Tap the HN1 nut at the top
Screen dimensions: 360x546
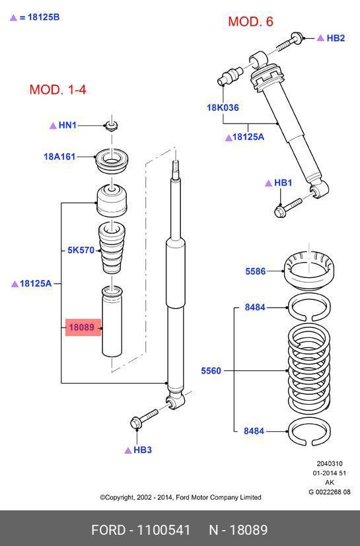(x=111, y=125)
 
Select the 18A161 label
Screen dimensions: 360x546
(x=59, y=156)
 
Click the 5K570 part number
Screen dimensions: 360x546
(x=81, y=250)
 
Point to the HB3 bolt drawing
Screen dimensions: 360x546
(x=143, y=418)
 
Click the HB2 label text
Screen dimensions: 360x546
(x=336, y=38)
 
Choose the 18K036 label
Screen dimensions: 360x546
(x=223, y=108)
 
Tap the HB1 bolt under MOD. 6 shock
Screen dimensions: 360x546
(x=288, y=207)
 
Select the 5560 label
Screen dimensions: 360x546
(x=211, y=370)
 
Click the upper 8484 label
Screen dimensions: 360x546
(x=255, y=307)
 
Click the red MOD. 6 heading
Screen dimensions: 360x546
(x=250, y=22)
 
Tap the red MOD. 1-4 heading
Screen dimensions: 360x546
(x=58, y=90)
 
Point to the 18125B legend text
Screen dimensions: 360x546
(x=44, y=17)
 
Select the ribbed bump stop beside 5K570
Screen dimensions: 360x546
(x=112, y=248)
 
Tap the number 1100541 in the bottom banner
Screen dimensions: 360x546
(x=164, y=530)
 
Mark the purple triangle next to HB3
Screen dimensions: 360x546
(x=128, y=450)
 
